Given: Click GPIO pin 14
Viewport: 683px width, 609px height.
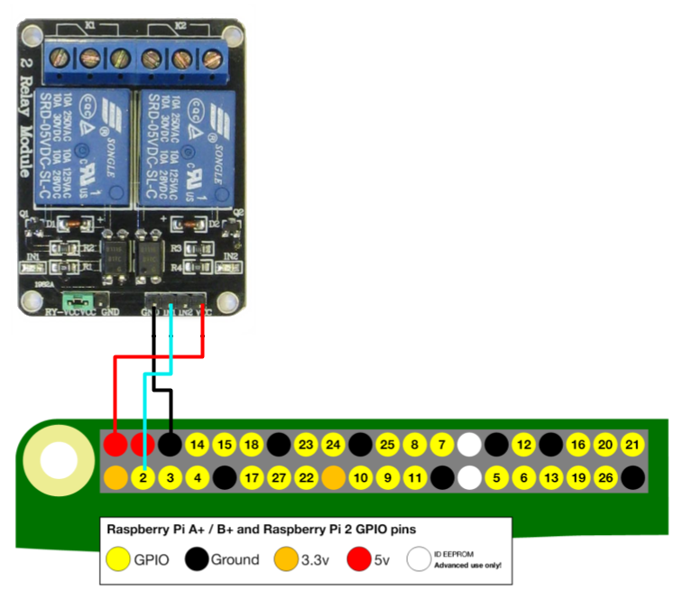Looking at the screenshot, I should tap(198, 445).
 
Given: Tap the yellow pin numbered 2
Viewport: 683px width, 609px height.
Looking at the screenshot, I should tap(143, 477).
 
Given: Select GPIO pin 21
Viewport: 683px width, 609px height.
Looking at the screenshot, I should tap(633, 445).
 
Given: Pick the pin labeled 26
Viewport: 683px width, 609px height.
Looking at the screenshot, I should tap(605, 477).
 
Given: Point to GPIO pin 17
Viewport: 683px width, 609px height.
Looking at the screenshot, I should tap(252, 477).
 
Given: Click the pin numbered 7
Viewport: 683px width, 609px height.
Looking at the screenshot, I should tap(440, 445).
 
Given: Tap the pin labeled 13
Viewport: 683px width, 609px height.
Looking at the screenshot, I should tap(551, 477).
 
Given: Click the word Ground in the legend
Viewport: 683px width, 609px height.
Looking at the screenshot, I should tap(235, 559).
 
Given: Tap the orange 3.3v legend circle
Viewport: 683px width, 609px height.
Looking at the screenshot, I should tap(290, 559).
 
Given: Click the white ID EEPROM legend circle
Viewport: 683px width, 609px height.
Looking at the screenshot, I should tap(419, 559).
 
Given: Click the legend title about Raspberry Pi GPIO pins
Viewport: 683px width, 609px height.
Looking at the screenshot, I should tap(262, 529).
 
